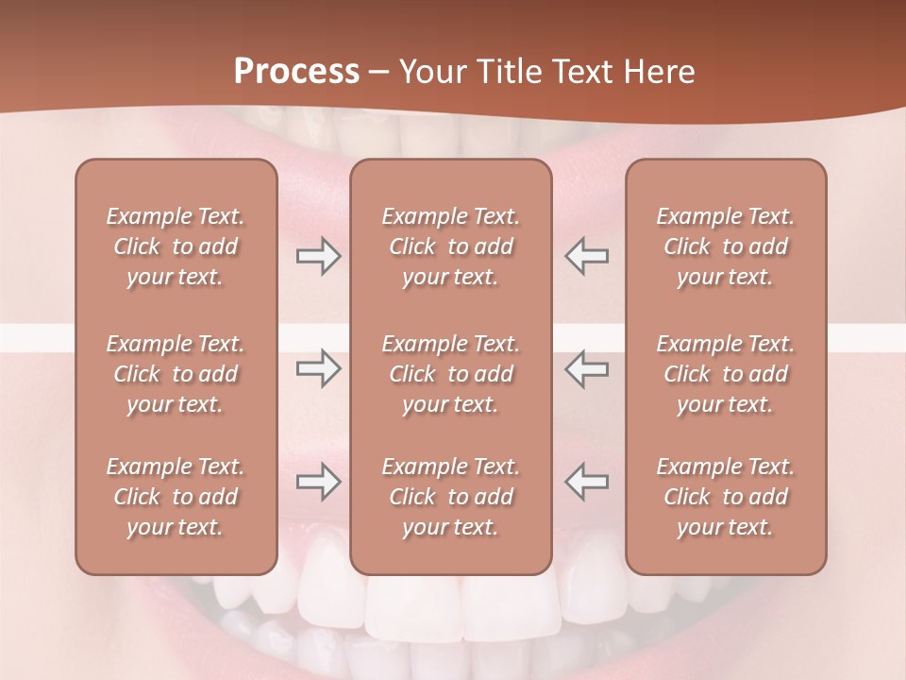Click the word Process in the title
296,71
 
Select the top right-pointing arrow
319,257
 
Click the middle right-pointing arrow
319,368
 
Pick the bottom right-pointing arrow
319,482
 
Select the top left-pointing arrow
586,257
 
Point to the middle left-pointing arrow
586,368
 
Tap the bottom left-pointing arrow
586,482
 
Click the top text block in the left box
176,246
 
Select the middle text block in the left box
176,374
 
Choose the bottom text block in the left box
176,497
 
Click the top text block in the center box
451,246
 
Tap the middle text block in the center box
451,374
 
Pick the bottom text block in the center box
451,497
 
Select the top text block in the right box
726,246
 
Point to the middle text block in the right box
726,374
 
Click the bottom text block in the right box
726,497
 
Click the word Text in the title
580,72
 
